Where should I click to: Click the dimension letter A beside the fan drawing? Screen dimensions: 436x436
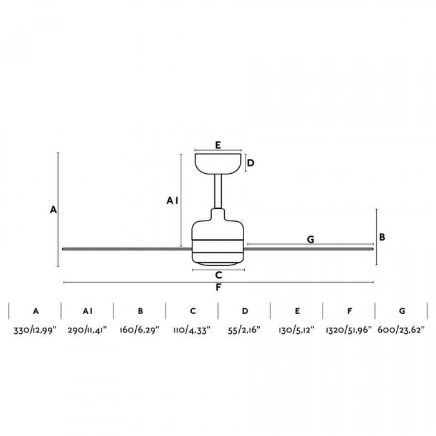coord(53,210)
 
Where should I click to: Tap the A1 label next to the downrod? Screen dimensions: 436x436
coord(173,201)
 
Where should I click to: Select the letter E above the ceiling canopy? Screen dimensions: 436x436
coord(218,145)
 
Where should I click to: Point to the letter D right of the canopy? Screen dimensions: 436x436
coord(250,163)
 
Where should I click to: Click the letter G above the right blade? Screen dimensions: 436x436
coord(310,239)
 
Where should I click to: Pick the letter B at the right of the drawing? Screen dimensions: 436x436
coord(382,237)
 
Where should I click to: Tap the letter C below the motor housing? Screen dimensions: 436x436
coord(219,275)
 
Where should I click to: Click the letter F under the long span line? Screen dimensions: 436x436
coord(218,288)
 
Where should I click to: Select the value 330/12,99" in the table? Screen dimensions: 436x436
coord(35,330)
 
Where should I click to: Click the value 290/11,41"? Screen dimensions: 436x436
coord(87,330)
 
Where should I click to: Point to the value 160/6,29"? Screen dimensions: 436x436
coord(140,330)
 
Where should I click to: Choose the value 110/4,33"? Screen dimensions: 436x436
coord(192,330)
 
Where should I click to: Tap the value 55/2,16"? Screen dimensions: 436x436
coord(244,330)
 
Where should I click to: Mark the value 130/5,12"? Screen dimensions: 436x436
coord(296,330)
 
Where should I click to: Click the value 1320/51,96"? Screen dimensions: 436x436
coord(349,330)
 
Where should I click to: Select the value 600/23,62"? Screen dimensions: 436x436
coord(401,330)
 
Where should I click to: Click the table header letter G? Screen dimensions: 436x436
coord(402,311)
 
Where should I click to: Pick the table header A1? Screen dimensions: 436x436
coord(88,311)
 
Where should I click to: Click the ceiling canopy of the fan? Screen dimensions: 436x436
coord(218,164)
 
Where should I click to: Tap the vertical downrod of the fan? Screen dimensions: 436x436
coord(218,191)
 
